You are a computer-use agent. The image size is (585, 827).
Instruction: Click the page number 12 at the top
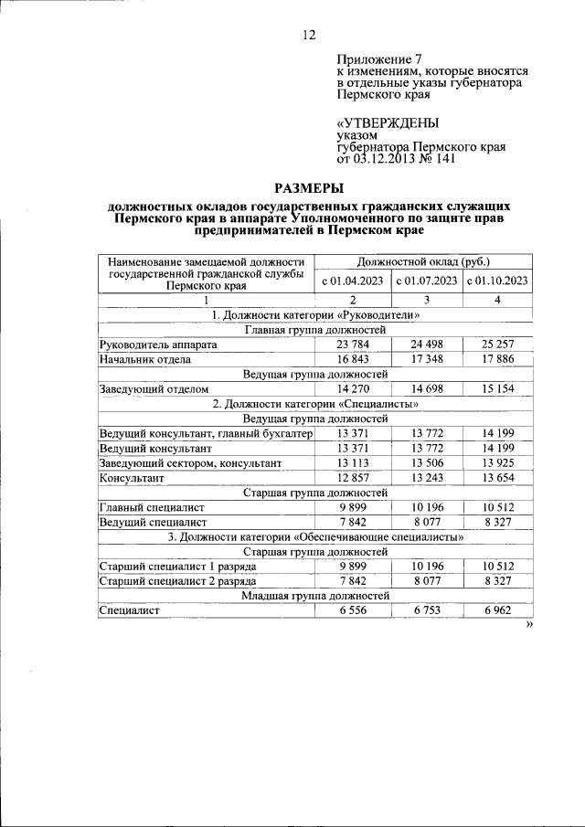point(308,36)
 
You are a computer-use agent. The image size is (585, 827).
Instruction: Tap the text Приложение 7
point(375,58)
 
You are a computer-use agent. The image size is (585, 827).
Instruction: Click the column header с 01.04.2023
point(353,281)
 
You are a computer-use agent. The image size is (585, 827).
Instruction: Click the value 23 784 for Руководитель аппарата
point(353,345)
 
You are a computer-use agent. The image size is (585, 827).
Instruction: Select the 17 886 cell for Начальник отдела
point(498,359)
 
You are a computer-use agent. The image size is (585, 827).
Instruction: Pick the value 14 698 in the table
point(426,389)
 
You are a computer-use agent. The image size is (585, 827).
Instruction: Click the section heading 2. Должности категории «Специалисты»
point(316,404)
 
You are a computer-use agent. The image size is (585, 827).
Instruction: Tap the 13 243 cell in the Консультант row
point(426,478)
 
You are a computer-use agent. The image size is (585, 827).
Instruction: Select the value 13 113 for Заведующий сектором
point(353,463)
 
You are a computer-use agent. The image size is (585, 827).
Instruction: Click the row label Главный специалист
point(152,507)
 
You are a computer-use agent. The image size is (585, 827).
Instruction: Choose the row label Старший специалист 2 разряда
point(177,580)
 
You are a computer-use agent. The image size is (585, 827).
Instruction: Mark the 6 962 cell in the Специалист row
point(498,610)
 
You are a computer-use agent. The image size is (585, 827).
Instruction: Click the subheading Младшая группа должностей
point(316,595)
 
